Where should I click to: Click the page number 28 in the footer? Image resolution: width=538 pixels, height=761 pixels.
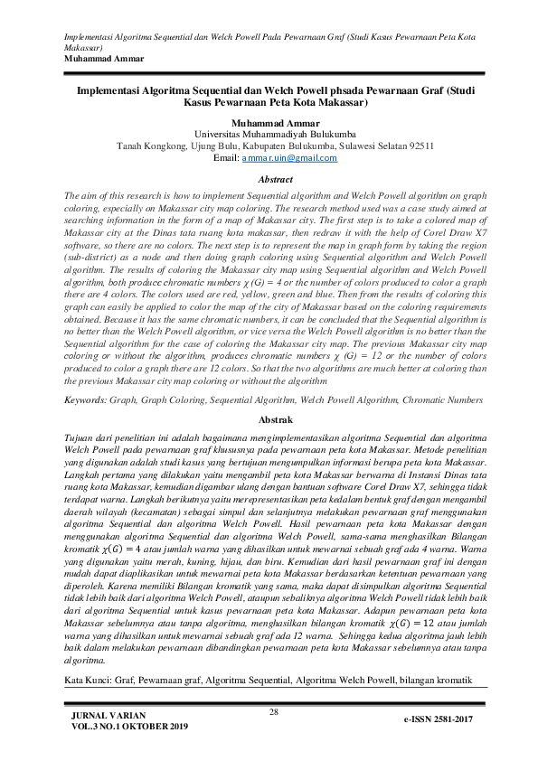tap(275, 713)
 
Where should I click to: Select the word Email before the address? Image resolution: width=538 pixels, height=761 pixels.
tap(224, 158)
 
